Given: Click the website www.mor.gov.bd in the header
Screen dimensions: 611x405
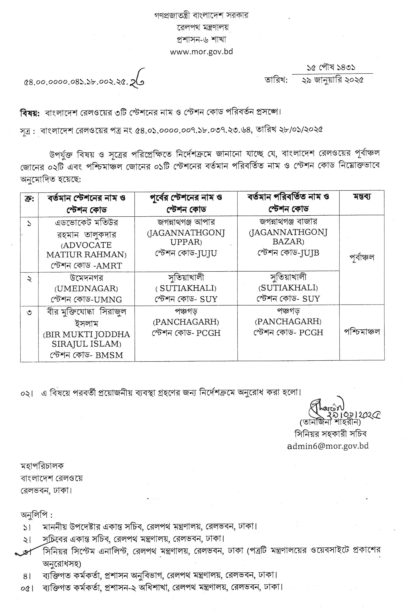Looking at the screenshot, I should point(201,52).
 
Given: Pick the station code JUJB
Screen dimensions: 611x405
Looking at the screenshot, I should point(309,253).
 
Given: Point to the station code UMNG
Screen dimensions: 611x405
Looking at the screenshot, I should point(108,300).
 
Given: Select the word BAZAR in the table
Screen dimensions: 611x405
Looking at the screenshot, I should point(288,242).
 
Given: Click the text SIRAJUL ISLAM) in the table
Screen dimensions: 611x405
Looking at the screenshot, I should point(87,344).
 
